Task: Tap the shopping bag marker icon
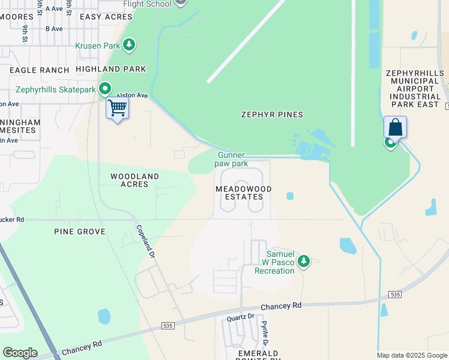point(395,127)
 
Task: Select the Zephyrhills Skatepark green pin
point(105,89)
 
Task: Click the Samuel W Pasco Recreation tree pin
point(304,261)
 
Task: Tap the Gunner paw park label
point(232,159)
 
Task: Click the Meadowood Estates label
point(244,193)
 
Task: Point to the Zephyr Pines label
point(272,114)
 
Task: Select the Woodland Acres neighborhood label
point(134,180)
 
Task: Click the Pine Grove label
point(79,232)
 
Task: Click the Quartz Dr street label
point(240,316)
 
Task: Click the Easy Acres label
point(106,17)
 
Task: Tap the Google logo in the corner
point(20,353)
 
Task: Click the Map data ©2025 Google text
point(412,355)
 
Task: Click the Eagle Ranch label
point(40,70)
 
